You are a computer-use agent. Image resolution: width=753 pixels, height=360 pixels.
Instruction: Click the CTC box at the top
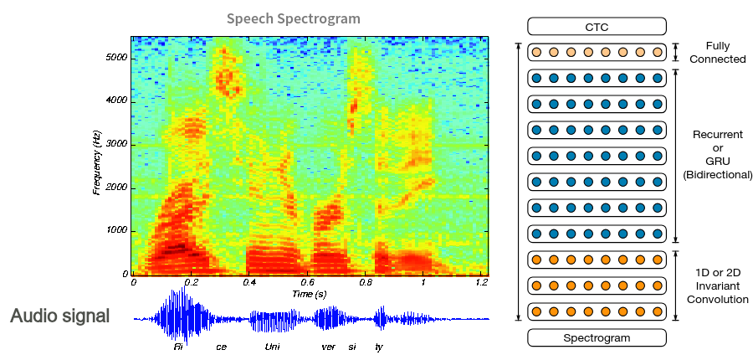[597, 27]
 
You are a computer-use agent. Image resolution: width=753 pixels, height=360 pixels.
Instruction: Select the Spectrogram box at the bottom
[597, 338]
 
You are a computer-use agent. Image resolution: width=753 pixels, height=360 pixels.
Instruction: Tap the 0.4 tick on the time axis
[249, 283]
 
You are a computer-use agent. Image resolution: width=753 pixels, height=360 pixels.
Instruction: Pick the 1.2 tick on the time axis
[481, 283]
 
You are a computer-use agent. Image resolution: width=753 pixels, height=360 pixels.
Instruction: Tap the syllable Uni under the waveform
[272, 346]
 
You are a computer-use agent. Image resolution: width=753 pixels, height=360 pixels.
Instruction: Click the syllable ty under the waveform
[378, 346]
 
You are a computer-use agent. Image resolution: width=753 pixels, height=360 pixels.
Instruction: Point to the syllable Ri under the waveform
[178, 346]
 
